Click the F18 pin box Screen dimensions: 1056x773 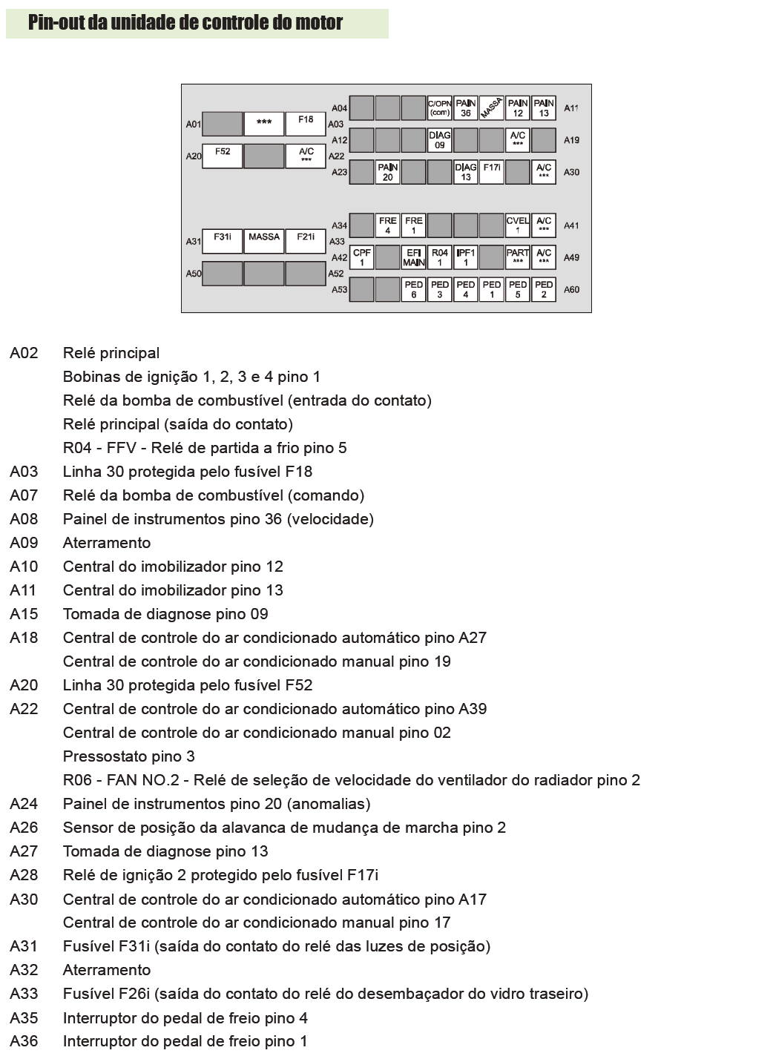pos(306,123)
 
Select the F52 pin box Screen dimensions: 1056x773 pos(223,156)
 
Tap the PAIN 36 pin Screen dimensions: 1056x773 pos(465,108)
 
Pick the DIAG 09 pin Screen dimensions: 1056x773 pos(439,140)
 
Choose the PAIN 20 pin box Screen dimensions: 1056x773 pos(387,172)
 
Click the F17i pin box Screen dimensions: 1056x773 pos(491,172)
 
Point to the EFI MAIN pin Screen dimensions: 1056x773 pos(413,257)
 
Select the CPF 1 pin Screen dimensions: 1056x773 pos(361,257)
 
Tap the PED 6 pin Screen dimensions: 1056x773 pos(413,289)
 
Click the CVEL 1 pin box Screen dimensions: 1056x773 pos(517,225)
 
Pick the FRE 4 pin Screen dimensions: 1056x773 pos(387,225)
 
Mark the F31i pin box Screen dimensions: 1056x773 pos(223,241)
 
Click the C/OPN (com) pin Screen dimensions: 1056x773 pos(439,108)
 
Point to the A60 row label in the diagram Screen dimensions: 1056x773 pos(571,289)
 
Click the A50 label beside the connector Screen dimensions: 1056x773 pos(193,274)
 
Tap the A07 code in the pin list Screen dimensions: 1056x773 pos(24,495)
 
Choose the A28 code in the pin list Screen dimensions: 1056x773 pos(24,875)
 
